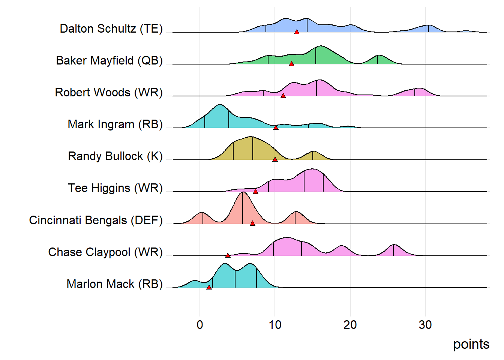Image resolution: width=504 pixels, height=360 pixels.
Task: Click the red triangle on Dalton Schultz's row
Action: coord(297,32)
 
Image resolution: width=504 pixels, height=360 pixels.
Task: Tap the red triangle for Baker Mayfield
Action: coord(291,64)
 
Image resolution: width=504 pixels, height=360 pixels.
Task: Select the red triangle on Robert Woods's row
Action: coord(283,96)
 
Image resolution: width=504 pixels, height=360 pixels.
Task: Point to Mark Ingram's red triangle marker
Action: coord(276,128)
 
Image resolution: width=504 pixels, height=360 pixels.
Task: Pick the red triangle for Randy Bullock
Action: coord(275,160)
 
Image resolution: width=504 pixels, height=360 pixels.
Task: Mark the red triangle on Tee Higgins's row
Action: coord(255,192)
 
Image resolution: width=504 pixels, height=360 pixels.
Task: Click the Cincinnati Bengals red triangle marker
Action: coord(252,223)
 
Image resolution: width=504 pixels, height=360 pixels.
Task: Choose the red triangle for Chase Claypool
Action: coord(228,256)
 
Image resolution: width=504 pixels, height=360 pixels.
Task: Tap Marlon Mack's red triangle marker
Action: coord(209,288)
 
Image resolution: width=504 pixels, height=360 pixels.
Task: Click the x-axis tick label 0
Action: coord(200,325)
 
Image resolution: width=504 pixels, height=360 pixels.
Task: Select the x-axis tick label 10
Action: coord(275,325)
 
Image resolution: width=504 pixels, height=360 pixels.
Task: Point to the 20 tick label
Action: coord(350,325)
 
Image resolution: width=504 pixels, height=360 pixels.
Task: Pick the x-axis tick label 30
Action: coord(425,325)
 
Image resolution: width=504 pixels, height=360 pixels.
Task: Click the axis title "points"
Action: coord(471,344)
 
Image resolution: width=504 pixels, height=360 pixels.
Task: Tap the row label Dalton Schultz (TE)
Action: coord(111,28)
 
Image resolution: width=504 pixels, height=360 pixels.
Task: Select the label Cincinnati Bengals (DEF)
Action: coord(96,220)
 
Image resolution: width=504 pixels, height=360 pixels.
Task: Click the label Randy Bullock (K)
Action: coord(115,156)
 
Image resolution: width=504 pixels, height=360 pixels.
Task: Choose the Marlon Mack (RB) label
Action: coord(114,284)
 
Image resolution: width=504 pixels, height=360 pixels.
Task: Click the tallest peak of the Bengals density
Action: coord(243,192)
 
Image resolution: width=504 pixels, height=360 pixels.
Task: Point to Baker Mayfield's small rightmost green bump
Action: coord(378,56)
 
